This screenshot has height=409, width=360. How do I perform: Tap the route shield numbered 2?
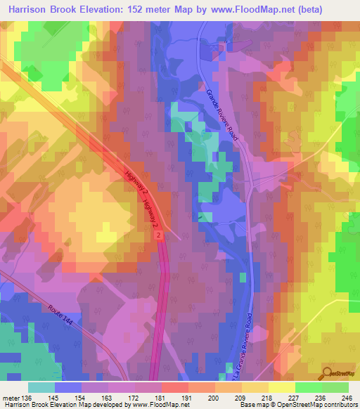click(160, 235)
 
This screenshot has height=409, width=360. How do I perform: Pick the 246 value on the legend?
click(347, 398)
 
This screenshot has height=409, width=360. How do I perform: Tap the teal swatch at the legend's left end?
click(41, 387)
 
